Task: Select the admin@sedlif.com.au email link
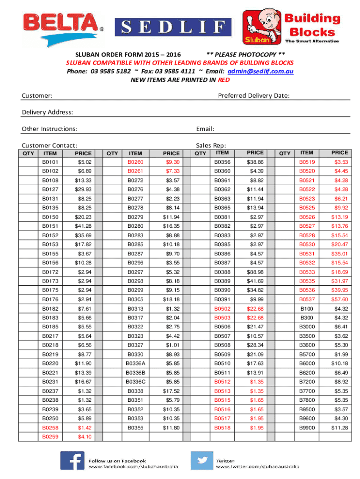260,71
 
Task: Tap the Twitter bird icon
202,460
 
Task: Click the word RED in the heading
224,80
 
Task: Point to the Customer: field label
37,96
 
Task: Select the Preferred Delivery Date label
254,96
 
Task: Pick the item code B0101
50,162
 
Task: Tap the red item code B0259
50,437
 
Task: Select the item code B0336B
136,373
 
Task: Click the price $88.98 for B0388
255,272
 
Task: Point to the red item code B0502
222,309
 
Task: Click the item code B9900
307,428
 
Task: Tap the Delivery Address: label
47,112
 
